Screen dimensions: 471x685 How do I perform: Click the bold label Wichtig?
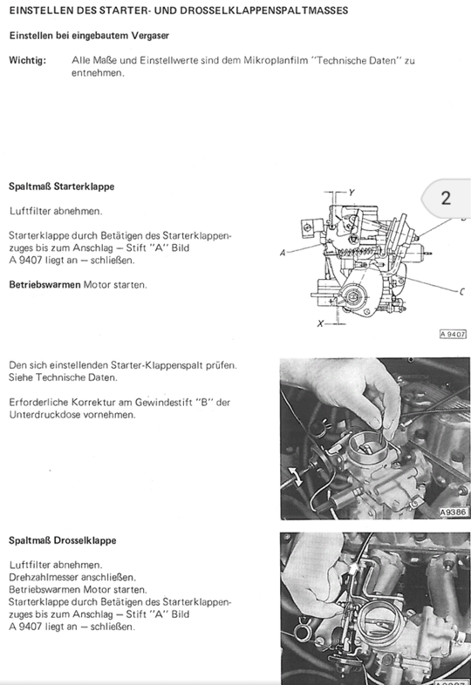coord(27,60)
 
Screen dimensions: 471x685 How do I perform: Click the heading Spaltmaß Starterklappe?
coord(62,187)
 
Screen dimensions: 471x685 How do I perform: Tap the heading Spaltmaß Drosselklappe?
coord(63,540)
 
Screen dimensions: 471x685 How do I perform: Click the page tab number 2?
coord(446,199)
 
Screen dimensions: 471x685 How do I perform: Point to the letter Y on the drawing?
coord(352,193)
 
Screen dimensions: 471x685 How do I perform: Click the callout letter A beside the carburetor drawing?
coord(283,253)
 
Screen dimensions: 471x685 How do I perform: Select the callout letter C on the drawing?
coord(462,291)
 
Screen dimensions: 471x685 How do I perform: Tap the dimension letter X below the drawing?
coord(321,323)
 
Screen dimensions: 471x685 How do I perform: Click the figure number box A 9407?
coord(453,334)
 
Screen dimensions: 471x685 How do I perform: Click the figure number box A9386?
coord(454,512)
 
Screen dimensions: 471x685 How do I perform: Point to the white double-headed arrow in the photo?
coord(295,476)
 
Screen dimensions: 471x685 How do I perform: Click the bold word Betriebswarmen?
coord(44,285)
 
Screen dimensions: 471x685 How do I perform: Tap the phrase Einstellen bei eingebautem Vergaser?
coord(89,36)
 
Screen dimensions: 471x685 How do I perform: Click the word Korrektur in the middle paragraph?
coord(92,403)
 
